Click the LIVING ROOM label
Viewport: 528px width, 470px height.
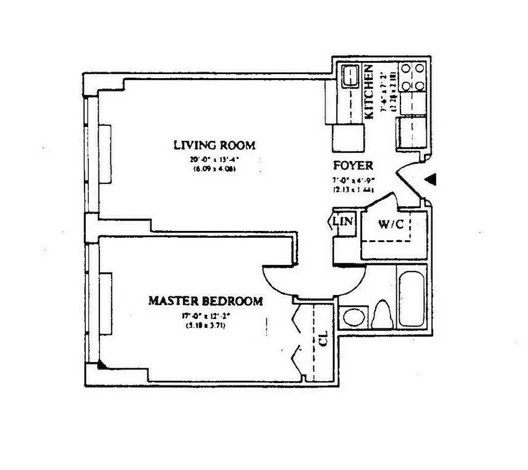pos(214,145)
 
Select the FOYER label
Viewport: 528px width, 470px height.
pos(353,166)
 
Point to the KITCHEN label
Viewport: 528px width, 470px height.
pos(370,92)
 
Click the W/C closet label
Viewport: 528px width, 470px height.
pos(390,224)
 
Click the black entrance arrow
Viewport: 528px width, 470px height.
pos(432,180)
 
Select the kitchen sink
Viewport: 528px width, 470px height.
pos(351,76)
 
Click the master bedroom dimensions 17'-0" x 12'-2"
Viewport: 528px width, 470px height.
pos(203,314)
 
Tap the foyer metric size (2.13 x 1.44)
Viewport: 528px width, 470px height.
pos(353,190)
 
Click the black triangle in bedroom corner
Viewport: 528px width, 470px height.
pos(102,365)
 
